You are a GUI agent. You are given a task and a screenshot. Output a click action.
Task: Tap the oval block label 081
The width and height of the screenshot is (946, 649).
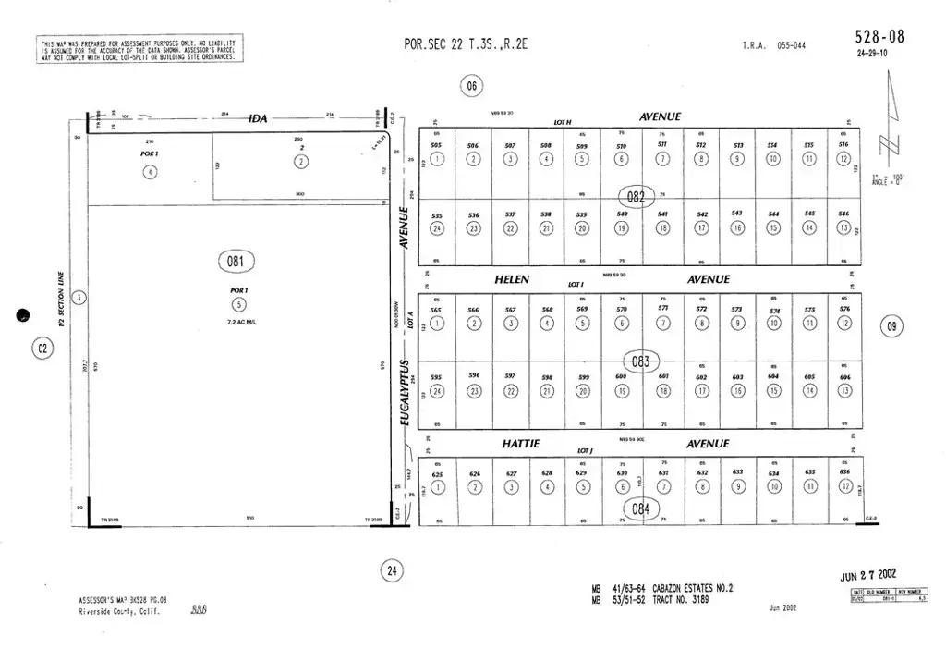point(236,262)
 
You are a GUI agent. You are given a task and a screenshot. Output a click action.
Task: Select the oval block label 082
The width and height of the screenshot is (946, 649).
point(636,195)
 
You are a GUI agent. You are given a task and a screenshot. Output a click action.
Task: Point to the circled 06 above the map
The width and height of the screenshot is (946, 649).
point(472,87)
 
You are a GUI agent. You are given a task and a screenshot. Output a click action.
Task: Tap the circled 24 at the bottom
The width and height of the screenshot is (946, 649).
point(392,571)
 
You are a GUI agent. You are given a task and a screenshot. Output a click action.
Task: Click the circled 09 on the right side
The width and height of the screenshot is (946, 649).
point(891,325)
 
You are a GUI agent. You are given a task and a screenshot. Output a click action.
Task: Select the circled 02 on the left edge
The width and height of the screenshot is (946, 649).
point(42,349)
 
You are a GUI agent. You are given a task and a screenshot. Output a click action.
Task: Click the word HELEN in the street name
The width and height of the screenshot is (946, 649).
point(512,279)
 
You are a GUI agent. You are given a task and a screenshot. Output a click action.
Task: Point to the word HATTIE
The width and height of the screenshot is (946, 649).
point(520,444)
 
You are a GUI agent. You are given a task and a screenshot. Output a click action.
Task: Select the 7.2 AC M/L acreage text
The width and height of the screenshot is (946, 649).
point(239,321)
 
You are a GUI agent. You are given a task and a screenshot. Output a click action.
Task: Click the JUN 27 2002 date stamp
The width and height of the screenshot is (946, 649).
point(867,575)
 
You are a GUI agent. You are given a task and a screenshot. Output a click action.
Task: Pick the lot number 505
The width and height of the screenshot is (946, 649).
point(436,146)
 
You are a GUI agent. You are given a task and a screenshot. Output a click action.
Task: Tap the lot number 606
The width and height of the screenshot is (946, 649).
point(844,377)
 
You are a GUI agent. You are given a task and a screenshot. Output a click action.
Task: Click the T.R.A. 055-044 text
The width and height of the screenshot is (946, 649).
point(773,45)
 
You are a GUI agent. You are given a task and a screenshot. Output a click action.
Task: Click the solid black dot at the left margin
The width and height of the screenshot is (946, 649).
point(24,316)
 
